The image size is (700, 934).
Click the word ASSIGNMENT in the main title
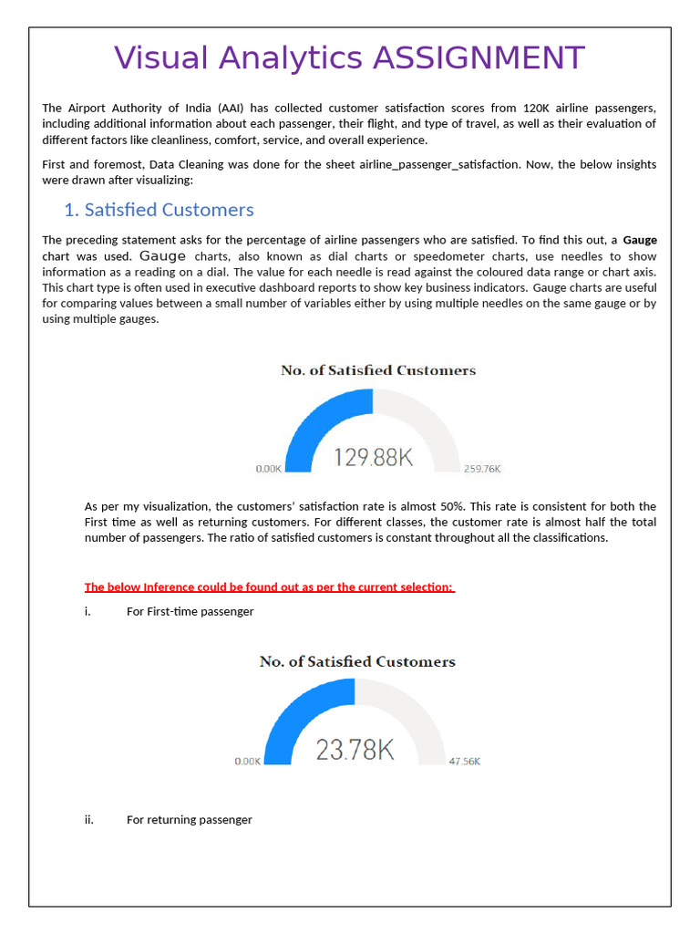click(x=479, y=58)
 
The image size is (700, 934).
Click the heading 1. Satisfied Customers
click(x=159, y=210)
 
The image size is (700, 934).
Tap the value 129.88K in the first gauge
click(x=373, y=457)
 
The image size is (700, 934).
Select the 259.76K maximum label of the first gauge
click(x=482, y=469)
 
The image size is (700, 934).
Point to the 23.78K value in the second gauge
click(x=355, y=750)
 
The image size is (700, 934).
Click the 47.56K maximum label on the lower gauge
click(x=464, y=761)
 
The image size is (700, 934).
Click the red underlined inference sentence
click(x=269, y=586)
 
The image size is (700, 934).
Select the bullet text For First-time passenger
click(x=190, y=611)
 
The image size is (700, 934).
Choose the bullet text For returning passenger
click(x=189, y=820)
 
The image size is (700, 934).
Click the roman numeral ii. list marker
click(x=89, y=820)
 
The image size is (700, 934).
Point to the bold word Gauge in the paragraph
click(x=639, y=240)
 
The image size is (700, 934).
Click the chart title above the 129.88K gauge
click(x=377, y=370)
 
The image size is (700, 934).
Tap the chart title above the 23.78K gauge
click(x=357, y=661)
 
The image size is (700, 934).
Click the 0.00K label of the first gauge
click(x=269, y=469)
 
